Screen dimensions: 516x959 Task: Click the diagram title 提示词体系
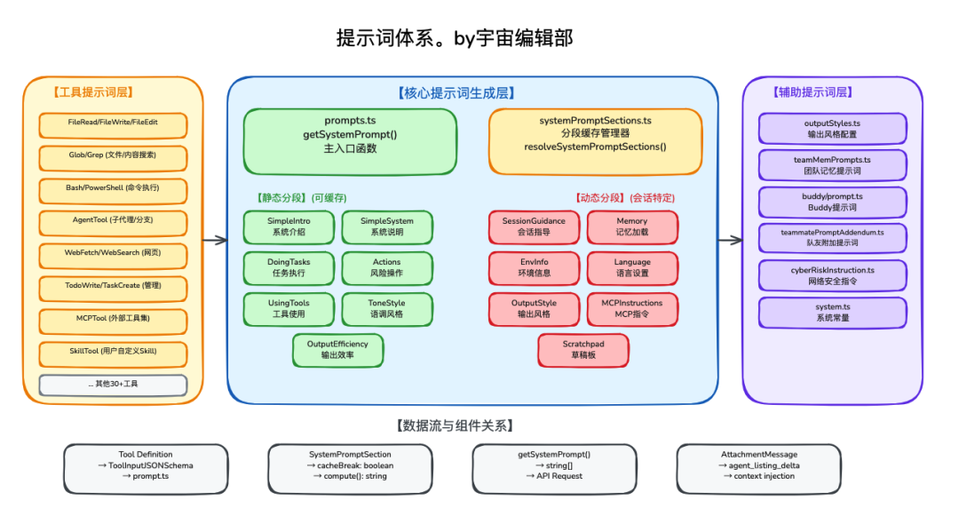[x=454, y=37]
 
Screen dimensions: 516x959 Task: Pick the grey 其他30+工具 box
[x=113, y=385]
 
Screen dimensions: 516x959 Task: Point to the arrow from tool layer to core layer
[x=215, y=240]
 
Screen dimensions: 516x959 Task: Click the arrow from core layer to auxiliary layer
[x=730, y=240]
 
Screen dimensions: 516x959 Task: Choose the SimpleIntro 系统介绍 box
[x=289, y=226]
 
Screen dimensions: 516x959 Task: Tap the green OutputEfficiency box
[x=337, y=349]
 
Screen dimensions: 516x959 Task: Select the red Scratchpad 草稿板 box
[x=583, y=349]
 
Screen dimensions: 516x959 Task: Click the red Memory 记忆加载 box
[x=631, y=226]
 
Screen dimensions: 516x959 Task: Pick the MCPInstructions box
[x=631, y=309]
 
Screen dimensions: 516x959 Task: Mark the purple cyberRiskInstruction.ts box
[x=832, y=275]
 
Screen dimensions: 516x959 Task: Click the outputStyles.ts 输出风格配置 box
[x=832, y=129]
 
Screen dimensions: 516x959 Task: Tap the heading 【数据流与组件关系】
[x=454, y=425]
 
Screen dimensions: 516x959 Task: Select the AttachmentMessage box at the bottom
[x=758, y=465]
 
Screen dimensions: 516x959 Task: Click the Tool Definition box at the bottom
[x=146, y=465]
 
